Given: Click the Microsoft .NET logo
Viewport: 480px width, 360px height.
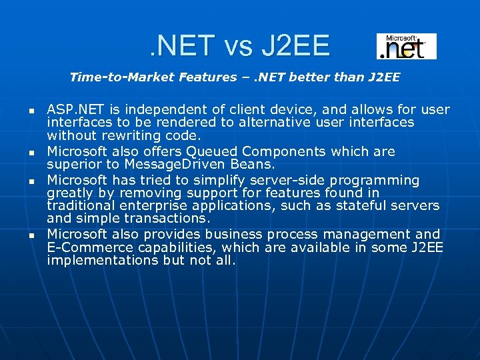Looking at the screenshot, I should tap(406, 47).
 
